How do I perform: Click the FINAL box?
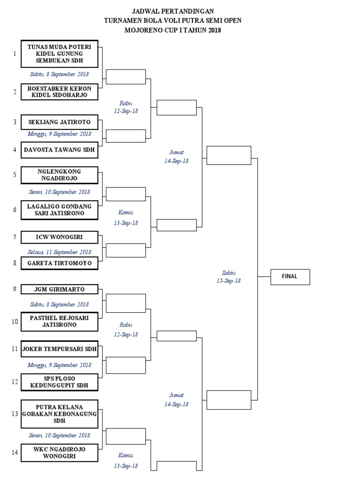290,277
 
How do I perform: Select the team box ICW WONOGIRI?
60,237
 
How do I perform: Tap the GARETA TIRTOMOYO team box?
60,263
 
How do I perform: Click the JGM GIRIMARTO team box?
60,289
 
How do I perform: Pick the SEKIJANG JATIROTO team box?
60,122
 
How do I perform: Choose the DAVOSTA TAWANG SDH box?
60,150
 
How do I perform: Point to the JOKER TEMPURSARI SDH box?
60,349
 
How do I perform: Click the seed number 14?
15,453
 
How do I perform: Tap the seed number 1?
15,53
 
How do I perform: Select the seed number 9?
15,289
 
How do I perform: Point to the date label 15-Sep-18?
229,281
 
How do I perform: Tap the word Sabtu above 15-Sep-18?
229,272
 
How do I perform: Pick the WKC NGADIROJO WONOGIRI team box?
60,453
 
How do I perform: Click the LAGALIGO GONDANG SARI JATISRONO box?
60,210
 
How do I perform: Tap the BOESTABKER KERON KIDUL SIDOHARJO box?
60,91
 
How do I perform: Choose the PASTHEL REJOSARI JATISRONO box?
60,321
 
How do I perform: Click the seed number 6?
15,210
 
